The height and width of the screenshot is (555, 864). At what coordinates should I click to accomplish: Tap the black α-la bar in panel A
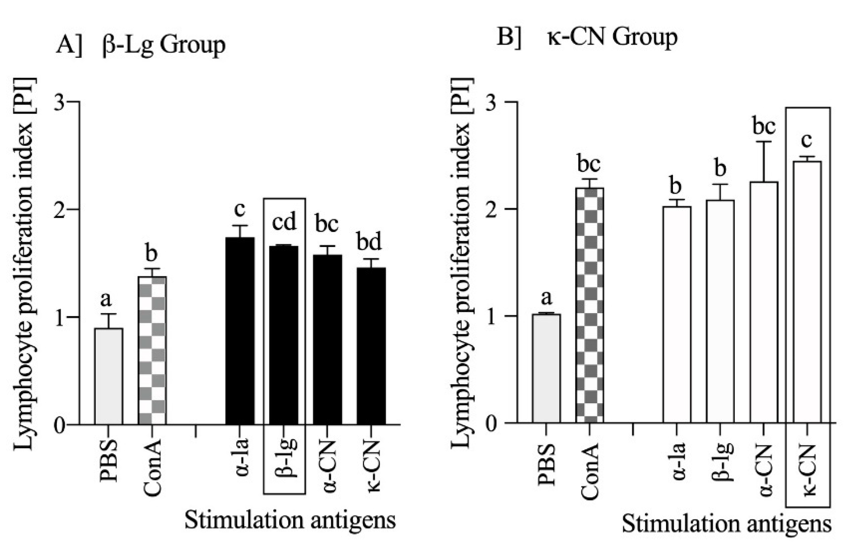pos(240,331)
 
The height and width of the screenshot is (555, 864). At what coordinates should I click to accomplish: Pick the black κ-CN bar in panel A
pos(371,345)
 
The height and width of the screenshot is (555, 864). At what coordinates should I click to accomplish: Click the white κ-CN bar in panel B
pos(807,292)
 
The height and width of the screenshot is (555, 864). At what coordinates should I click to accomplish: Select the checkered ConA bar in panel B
pos(590,305)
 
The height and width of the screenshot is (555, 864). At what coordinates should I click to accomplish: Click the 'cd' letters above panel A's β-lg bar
pos(284,222)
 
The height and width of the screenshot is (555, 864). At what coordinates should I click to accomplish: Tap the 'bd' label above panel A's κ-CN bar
pos(369,242)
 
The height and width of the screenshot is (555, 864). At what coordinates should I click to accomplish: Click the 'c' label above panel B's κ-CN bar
pos(806,140)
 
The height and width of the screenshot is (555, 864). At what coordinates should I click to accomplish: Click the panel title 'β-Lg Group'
pos(164,46)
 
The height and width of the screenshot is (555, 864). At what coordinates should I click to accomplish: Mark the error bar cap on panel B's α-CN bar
pos(764,142)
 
